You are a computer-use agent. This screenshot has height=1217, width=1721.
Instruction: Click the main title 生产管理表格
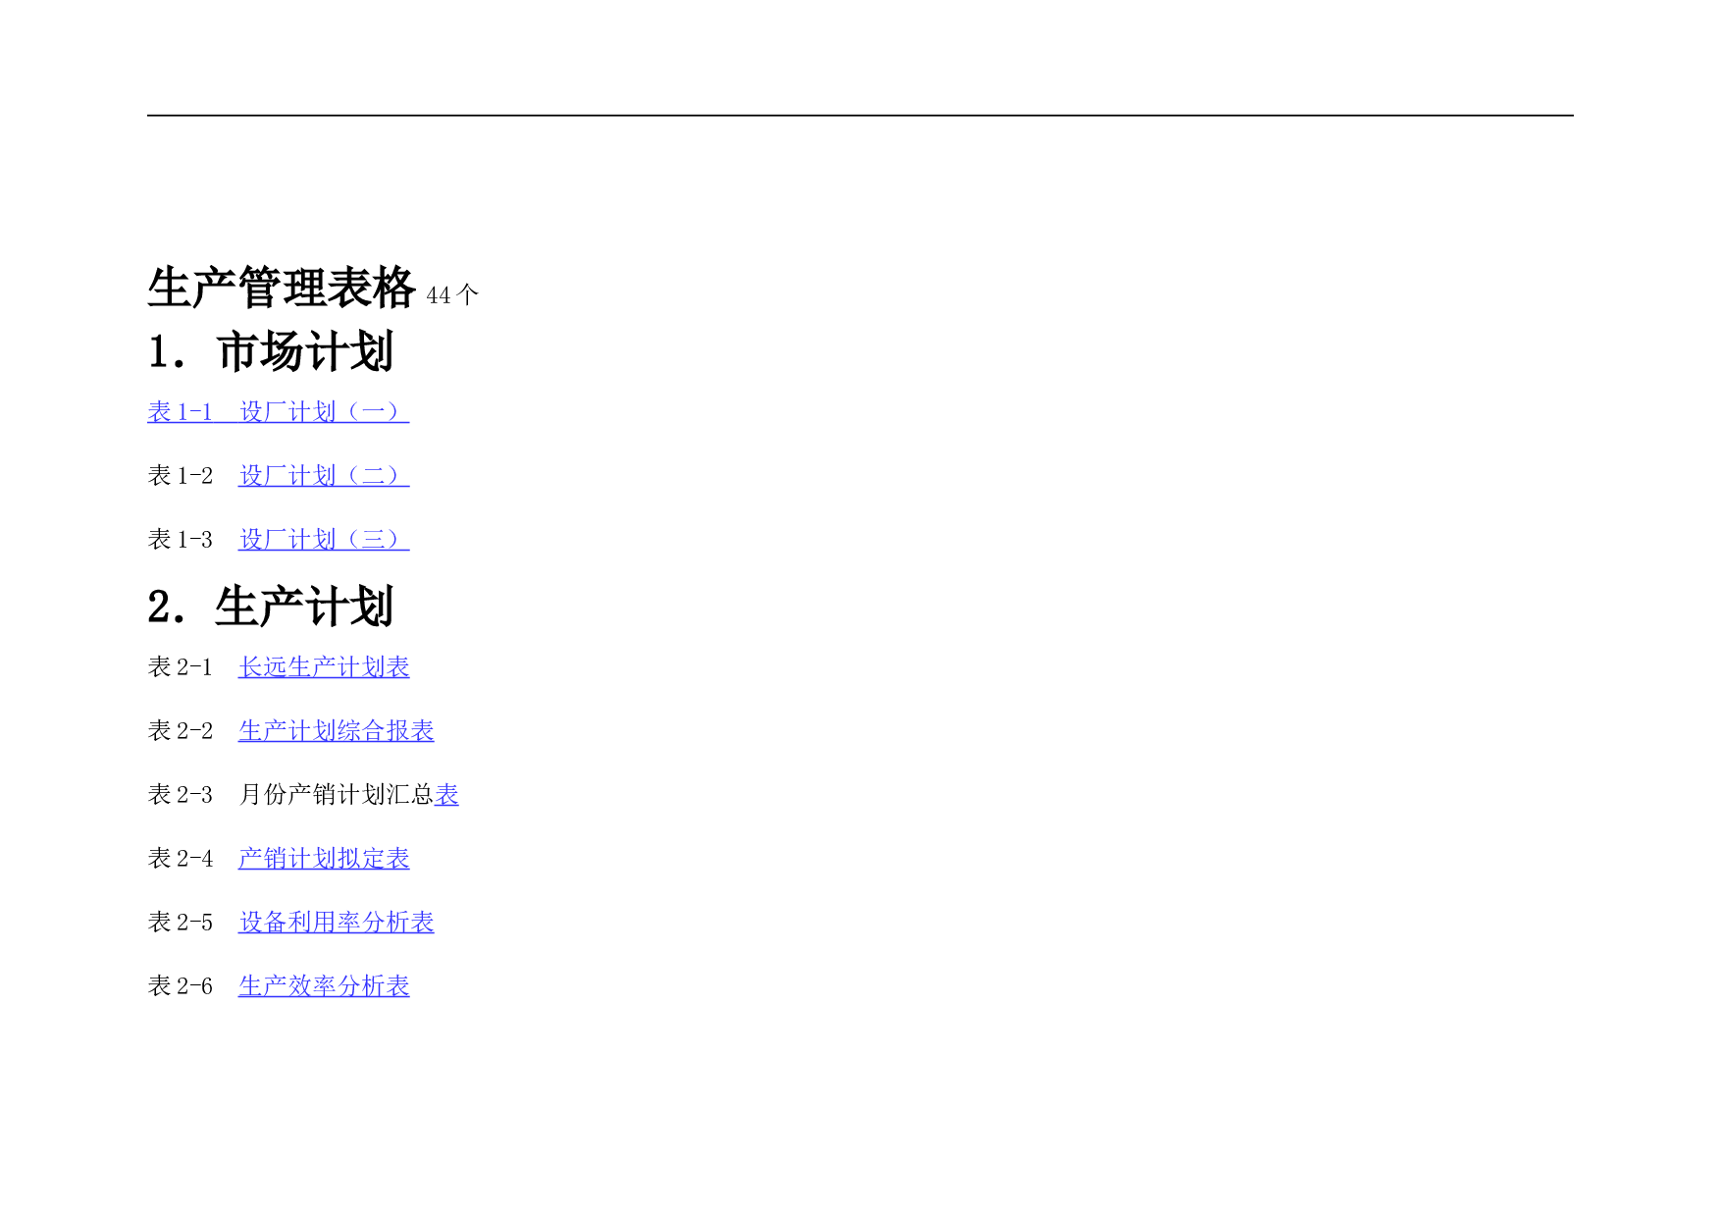tap(282, 288)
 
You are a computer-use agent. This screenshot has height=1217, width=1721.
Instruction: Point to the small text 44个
tap(452, 294)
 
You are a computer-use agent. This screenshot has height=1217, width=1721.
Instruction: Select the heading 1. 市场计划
tap(271, 351)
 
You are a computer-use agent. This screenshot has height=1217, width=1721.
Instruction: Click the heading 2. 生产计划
tap(271, 607)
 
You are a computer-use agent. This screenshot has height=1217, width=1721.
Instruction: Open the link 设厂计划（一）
tap(324, 411)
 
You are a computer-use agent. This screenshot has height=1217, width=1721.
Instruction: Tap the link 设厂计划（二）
tap(324, 475)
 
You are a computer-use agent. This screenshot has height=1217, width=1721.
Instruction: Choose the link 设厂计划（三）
tap(324, 539)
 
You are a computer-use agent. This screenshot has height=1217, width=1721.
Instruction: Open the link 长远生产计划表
tap(324, 666)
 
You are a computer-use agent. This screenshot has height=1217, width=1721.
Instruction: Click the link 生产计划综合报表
tap(337, 730)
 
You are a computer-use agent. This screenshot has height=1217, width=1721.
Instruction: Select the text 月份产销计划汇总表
tap(348, 794)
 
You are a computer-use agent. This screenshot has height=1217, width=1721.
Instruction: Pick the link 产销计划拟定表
tap(324, 858)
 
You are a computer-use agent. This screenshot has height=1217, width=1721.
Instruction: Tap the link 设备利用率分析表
tap(337, 922)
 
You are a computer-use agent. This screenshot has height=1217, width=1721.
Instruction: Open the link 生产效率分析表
tap(324, 985)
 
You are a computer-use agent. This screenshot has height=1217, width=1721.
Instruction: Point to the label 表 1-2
tap(181, 475)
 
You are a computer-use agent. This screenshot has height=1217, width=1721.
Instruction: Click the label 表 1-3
tap(181, 539)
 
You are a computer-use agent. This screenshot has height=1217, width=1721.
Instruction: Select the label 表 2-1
tap(181, 666)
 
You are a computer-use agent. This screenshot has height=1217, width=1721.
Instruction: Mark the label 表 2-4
tap(181, 858)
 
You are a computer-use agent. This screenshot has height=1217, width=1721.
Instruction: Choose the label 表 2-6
tap(181, 985)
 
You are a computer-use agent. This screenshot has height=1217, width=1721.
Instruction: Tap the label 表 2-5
tap(181, 922)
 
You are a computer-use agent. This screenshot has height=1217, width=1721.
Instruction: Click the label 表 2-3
tap(181, 794)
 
